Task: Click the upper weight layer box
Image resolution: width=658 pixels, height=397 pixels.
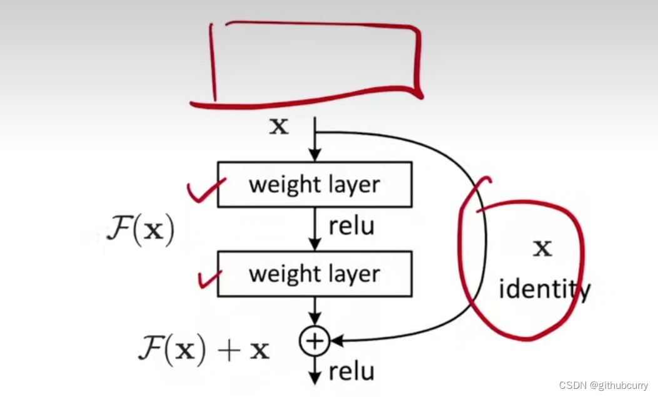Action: click(315, 185)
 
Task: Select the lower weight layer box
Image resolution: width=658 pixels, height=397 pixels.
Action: click(315, 274)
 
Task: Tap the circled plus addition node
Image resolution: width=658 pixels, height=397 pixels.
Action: click(315, 341)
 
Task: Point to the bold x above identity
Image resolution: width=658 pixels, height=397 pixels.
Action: click(542, 249)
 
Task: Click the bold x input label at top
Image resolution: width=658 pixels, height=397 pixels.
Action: click(278, 127)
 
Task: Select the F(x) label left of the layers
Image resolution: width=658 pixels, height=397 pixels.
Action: click(140, 232)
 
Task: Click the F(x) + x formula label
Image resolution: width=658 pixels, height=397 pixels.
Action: click(204, 349)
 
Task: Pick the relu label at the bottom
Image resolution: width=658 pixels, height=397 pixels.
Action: click(351, 372)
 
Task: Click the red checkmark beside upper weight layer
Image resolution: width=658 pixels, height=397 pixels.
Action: click(206, 191)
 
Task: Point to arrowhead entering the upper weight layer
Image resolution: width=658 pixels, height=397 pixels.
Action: click(315, 157)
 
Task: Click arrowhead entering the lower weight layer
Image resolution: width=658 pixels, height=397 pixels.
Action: click(315, 245)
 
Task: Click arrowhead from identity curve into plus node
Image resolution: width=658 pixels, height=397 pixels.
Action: click(335, 341)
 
